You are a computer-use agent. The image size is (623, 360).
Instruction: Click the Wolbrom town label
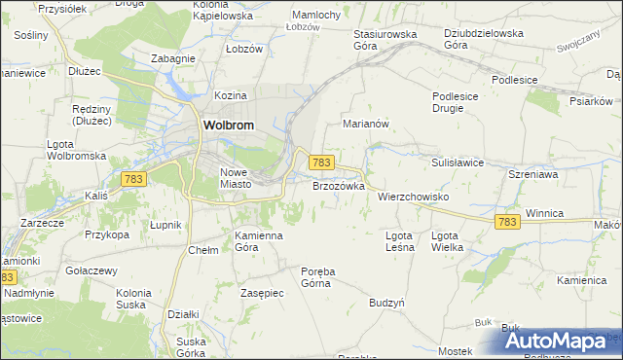point(228,126)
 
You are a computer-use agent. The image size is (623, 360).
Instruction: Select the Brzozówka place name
point(338,185)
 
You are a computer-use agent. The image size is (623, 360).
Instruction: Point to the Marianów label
point(366,125)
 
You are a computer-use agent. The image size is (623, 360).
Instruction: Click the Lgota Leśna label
point(399,240)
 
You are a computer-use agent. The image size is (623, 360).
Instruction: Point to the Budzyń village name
point(386,303)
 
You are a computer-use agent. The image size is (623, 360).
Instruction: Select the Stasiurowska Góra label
point(384,39)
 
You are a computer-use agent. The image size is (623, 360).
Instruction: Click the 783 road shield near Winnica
point(506,222)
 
